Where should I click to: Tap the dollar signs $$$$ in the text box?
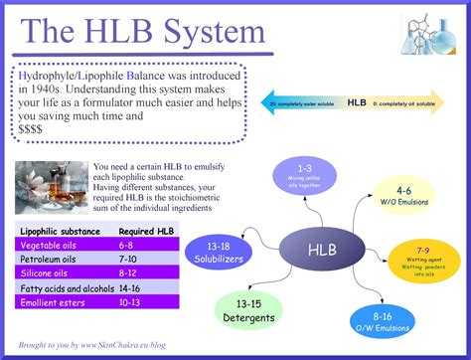coord(35,129)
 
